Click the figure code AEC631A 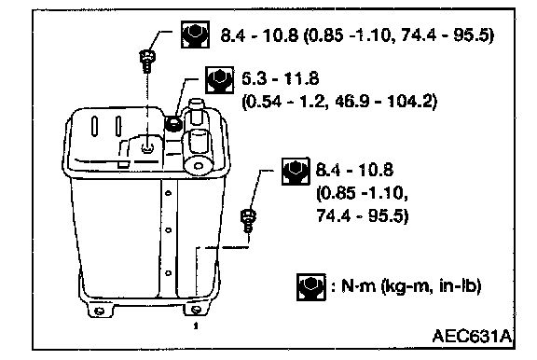pos(472,336)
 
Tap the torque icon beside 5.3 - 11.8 pos(219,80)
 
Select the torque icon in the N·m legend pos(311,287)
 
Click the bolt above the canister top pos(147,61)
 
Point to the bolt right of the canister pos(248,221)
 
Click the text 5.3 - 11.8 pos(280,78)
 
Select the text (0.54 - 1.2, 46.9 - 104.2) pos(339,102)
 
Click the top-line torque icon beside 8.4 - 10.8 pos(195,35)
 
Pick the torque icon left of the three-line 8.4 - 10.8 pos(296,172)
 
